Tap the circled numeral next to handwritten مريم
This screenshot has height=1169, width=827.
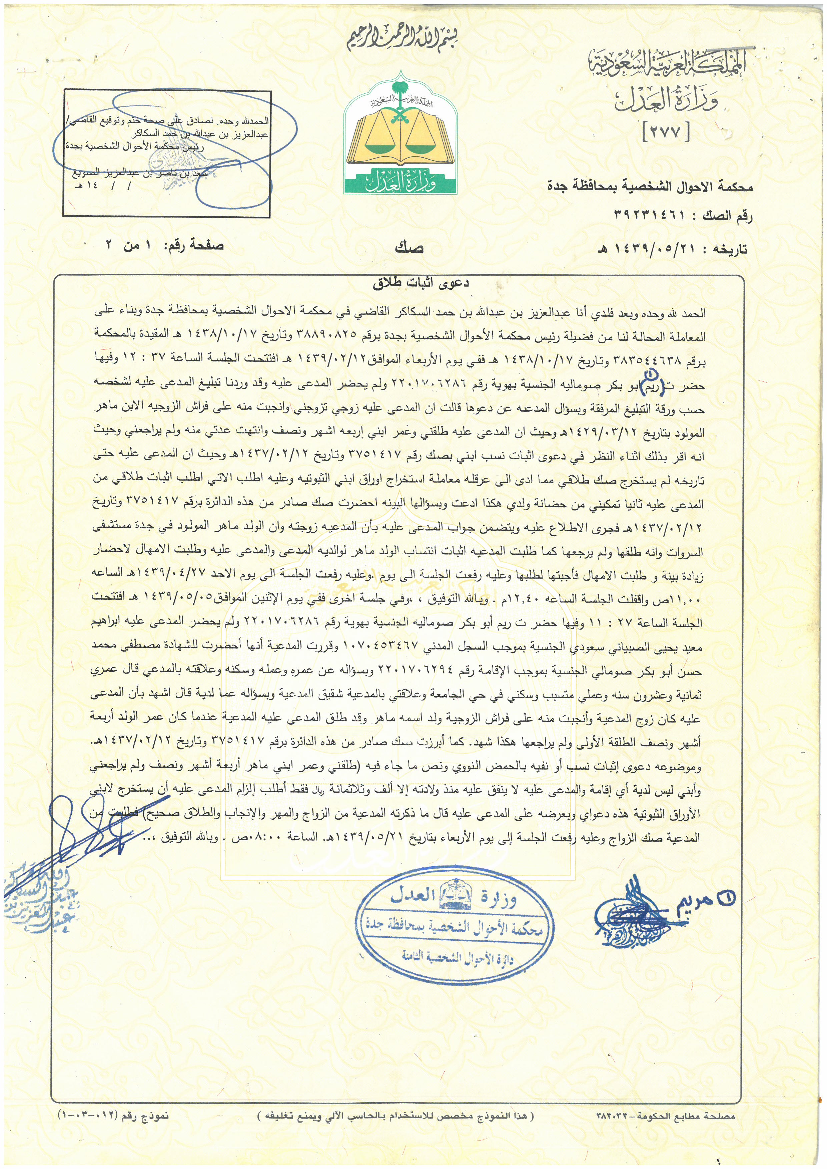pos(726,899)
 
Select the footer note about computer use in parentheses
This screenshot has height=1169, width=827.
pos(396,1130)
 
